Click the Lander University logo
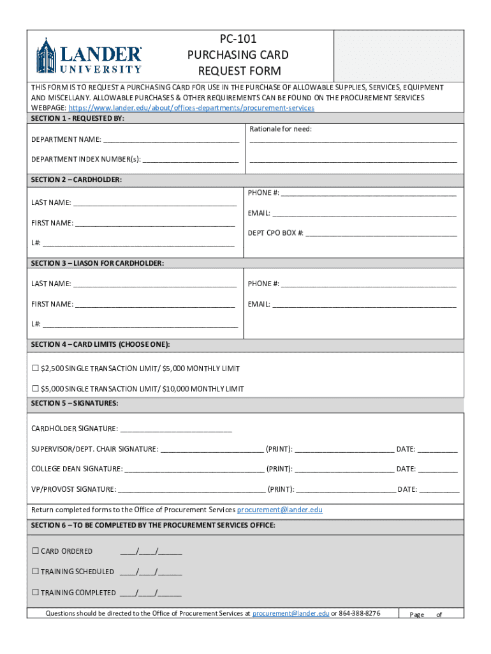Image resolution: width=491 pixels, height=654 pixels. pyautogui.click(x=89, y=56)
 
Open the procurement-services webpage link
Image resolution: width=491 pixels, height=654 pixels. pyautogui.click(x=191, y=108)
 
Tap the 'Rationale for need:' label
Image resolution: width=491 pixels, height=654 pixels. pyautogui.click(x=281, y=129)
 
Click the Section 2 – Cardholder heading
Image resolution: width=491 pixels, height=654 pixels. pyautogui.click(x=77, y=180)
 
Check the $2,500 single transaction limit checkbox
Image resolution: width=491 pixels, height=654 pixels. pyautogui.click(x=36, y=369)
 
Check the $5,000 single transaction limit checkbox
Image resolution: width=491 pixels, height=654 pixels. pyautogui.click(x=36, y=389)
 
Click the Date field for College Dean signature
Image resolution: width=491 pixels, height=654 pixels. pyautogui.click(x=437, y=469)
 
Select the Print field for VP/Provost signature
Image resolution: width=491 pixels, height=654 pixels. pyautogui.click(x=346, y=490)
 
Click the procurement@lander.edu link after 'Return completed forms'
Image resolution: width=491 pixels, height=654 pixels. pyautogui.click(x=280, y=510)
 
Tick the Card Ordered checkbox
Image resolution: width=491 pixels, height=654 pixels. pyautogui.click(x=36, y=551)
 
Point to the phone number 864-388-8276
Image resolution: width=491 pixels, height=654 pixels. pyautogui.click(x=360, y=613)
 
